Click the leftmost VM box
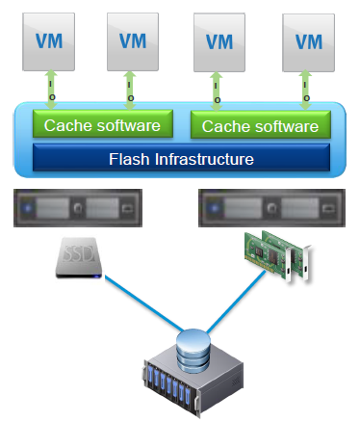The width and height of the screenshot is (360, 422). (x=50, y=41)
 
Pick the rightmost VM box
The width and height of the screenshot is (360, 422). (x=308, y=41)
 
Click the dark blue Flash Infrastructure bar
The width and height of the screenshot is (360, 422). (x=181, y=156)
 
